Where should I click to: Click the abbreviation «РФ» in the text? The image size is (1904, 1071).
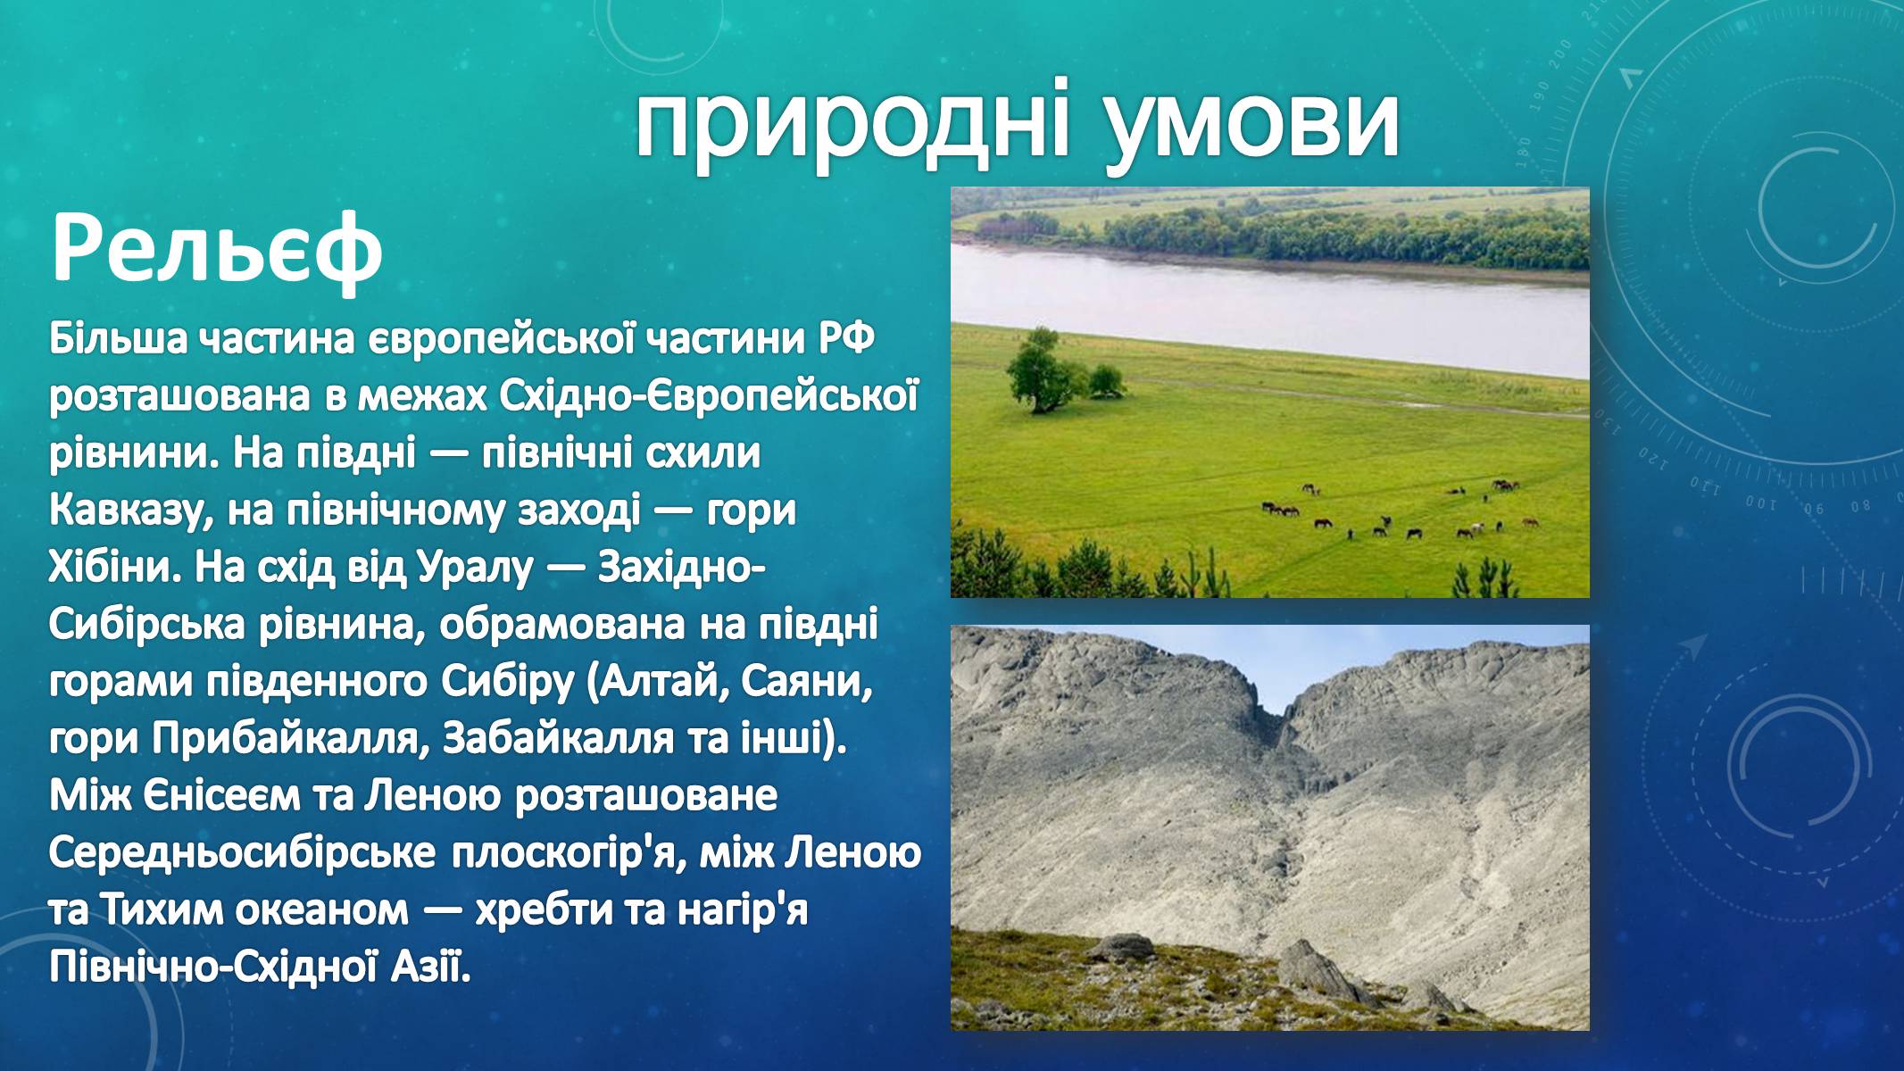point(844,340)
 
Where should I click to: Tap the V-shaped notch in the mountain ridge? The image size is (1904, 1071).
point(1282,714)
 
